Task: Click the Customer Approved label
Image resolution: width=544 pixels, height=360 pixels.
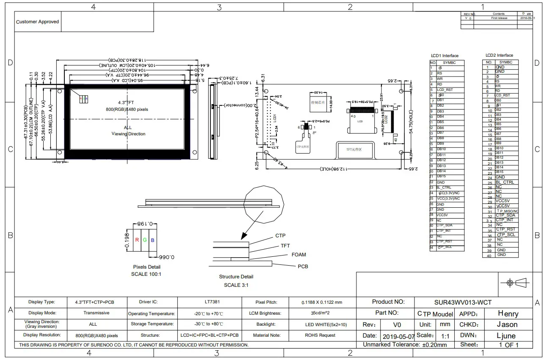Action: pos(37,22)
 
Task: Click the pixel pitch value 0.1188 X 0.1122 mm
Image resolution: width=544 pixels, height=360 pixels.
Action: pos(322,302)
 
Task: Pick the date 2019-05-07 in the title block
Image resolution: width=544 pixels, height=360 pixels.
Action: pos(398,337)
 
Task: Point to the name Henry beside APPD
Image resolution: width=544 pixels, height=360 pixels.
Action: pos(508,313)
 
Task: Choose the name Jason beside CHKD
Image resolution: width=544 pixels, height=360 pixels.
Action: pos(507,324)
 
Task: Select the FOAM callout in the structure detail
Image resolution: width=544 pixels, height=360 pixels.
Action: pos(298,255)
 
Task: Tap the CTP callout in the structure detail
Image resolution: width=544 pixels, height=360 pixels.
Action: pos(280,236)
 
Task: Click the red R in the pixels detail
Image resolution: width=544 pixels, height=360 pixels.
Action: pos(137,240)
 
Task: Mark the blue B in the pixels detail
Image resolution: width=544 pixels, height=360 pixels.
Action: pos(152,240)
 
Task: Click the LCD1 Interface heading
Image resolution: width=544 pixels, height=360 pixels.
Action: pos(445,56)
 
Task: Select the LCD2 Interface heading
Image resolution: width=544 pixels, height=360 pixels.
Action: pos(499,55)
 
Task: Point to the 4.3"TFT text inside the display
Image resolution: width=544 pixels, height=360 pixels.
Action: pos(126,102)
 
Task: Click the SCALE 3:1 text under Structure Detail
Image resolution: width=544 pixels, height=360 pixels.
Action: pos(236,285)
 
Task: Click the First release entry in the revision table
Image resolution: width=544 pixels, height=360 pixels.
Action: pos(499,18)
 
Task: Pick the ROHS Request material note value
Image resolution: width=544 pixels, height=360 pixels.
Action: pos(320,335)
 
